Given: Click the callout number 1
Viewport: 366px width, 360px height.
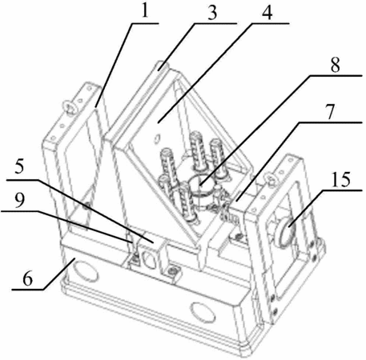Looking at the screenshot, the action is (144, 10).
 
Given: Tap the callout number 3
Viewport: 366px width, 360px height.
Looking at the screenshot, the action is (212, 13).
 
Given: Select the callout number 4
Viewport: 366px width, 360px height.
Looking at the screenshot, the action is (267, 13).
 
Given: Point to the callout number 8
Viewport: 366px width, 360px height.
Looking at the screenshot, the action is (336, 65).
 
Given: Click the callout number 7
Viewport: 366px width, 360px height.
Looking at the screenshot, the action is (331, 112).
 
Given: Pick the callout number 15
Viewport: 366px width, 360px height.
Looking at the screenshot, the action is (340, 179).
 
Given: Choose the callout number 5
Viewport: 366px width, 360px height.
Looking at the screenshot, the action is (19, 166).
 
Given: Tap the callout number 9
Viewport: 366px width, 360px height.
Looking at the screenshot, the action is (19, 201).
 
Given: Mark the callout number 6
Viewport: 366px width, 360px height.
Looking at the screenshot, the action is (27, 279).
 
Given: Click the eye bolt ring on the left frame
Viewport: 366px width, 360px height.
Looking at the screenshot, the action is (70, 110).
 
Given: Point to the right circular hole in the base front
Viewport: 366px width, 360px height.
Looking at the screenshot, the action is (203, 313).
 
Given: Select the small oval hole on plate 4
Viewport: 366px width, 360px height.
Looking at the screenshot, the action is (158, 138).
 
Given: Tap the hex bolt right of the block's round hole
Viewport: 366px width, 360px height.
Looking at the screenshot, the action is (171, 271).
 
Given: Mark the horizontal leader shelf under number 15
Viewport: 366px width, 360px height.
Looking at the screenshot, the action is (342, 190).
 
